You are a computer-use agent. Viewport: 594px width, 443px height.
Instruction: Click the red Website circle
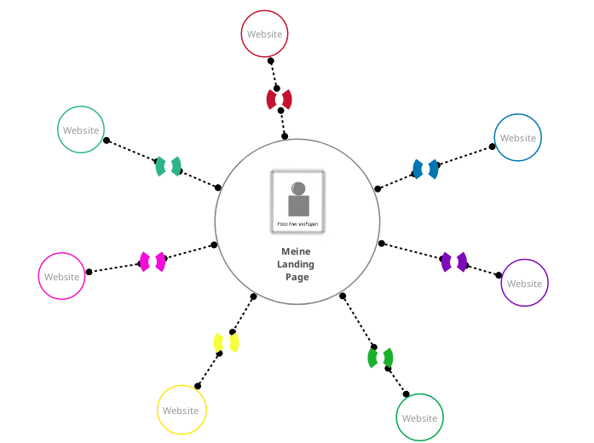point(264,34)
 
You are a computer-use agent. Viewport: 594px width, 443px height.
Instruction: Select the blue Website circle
point(518,138)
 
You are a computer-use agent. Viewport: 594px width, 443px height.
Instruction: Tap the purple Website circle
point(524,283)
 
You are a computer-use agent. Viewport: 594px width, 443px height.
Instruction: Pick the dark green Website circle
point(419,417)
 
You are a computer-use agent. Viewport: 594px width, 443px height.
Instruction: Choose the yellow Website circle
point(182,410)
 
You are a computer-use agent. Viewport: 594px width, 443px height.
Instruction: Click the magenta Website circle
point(62,276)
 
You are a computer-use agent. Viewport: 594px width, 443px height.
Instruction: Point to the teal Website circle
point(82,129)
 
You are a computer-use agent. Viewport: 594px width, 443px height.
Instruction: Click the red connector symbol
point(280,100)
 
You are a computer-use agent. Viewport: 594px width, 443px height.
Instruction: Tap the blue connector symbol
point(425,169)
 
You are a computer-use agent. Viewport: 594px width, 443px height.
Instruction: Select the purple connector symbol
point(453,262)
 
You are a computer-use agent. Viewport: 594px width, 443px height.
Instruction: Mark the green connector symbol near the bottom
point(380,358)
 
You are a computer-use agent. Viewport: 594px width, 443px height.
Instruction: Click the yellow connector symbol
point(226,342)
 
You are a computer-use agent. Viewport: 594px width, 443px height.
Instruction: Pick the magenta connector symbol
point(153,262)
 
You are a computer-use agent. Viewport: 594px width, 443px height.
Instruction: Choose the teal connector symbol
point(169,166)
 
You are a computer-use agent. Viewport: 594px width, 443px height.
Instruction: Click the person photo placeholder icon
point(297,202)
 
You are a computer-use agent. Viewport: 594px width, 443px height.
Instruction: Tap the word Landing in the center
point(297,264)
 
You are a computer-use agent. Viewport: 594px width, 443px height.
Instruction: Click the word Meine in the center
point(297,251)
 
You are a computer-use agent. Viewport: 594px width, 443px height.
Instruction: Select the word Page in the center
point(297,277)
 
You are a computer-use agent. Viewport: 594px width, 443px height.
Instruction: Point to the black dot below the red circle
point(271,61)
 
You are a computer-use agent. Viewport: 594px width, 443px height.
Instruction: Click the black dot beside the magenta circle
point(89,272)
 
